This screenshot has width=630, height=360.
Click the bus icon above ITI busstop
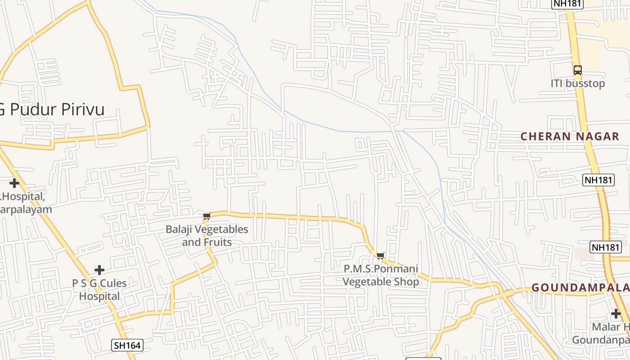click(578, 70)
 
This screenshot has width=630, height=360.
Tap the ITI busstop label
click(578, 84)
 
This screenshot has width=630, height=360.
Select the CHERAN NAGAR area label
click(570, 136)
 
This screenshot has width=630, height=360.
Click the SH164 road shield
click(127, 345)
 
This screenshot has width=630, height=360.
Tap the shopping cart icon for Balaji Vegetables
click(207, 217)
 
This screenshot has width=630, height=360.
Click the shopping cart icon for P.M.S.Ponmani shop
click(381, 256)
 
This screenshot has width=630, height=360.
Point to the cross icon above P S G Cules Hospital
click(99, 270)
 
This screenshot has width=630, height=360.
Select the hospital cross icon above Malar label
click(616, 314)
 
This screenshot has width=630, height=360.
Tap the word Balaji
click(180, 229)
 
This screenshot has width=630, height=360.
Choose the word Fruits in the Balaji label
click(217, 243)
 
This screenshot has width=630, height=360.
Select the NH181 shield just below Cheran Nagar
click(598, 180)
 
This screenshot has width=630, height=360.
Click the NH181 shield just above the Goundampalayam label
click(606, 247)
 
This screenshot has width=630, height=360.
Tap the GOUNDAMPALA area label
click(580, 288)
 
